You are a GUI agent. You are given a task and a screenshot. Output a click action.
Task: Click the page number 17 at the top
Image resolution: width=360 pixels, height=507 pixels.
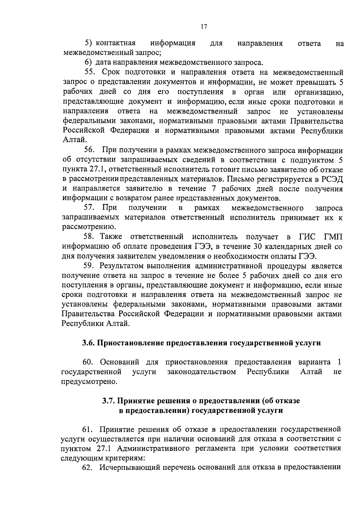pyautogui.click(x=204, y=27)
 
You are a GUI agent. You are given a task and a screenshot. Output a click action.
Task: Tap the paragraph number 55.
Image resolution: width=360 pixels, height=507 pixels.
pyautogui.click(x=89, y=73)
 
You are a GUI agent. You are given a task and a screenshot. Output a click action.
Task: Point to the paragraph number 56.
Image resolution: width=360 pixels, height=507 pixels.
pyautogui.click(x=89, y=150)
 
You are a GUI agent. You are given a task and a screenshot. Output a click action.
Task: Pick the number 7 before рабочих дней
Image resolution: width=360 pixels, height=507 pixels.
pyautogui.click(x=218, y=189)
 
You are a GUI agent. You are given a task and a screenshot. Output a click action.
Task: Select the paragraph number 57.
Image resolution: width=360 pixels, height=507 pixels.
pyautogui.click(x=89, y=208)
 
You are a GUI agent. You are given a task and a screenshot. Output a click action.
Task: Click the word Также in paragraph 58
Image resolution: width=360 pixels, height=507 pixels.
pyautogui.click(x=111, y=237)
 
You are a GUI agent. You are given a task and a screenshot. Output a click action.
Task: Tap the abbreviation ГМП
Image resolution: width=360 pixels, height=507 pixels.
pyautogui.click(x=333, y=237)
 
